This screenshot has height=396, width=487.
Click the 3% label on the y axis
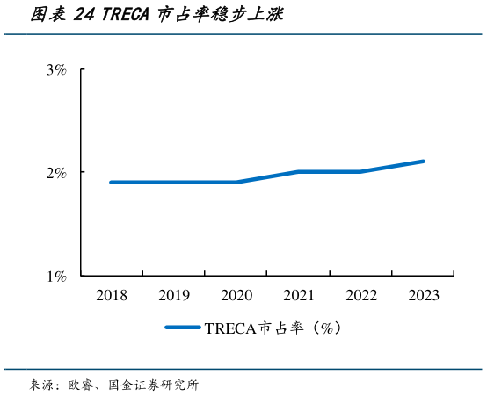click(x=56, y=70)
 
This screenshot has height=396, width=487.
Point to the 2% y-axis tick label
click(x=56, y=173)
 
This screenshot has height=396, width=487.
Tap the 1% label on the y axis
click(x=56, y=277)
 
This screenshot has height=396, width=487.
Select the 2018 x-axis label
click(x=112, y=296)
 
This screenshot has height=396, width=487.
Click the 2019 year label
click(x=174, y=296)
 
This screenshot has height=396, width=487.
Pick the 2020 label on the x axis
click(x=236, y=296)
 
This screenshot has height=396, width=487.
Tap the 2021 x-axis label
click(x=299, y=296)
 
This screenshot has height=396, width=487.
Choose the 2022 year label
click(x=361, y=296)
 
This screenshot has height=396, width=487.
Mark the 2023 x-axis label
click(x=424, y=296)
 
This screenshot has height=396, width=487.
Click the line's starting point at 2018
click(x=112, y=183)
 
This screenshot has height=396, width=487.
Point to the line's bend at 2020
click(x=236, y=183)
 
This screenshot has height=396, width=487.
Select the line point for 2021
click(x=299, y=172)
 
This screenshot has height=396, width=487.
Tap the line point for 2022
click(x=361, y=172)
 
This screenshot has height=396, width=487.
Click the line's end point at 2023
click(x=424, y=162)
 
